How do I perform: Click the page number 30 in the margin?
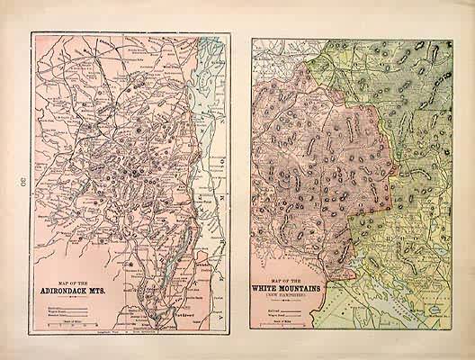[19, 183]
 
